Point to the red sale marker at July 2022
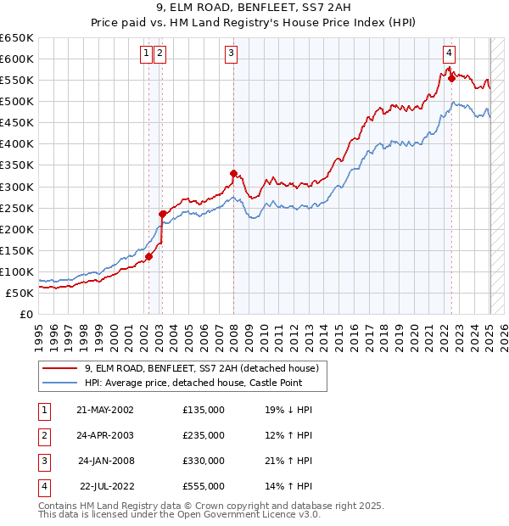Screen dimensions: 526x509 (x=451, y=77)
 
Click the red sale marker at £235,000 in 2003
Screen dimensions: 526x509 (x=161, y=214)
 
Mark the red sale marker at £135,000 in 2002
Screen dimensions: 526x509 (x=148, y=256)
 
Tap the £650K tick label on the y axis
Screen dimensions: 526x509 (x=17, y=38)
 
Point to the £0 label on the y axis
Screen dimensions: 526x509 (x=25, y=314)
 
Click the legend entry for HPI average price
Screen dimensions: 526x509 (x=200, y=383)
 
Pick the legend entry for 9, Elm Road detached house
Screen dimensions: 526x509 (x=201, y=368)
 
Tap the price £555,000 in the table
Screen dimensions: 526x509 (x=204, y=486)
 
